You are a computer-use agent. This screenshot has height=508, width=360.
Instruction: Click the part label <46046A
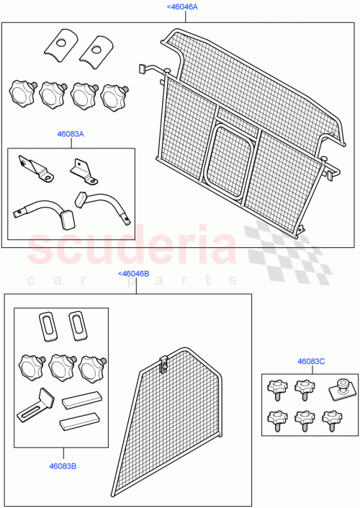(x=182, y=6)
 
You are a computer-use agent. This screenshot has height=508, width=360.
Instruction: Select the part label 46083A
(x=71, y=133)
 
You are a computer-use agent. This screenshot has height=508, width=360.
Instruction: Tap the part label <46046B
(x=133, y=274)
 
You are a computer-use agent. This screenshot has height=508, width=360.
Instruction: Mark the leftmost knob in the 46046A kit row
(x=22, y=93)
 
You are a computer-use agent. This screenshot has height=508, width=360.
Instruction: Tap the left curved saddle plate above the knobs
(x=59, y=45)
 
